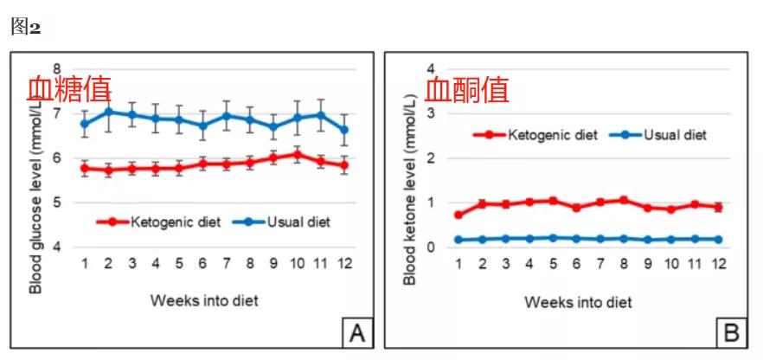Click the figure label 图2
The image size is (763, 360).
coord(26,27)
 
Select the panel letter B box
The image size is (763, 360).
coord(731,331)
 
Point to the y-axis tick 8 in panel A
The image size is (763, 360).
coord(58,69)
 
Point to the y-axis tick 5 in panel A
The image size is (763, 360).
coord(58,202)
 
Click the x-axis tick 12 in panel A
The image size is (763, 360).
coord(345,262)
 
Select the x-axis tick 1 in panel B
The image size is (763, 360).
coord(458,262)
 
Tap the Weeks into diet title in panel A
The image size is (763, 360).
coord(203,301)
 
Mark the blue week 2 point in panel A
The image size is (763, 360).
coord(108,111)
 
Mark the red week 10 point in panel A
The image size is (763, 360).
coord(297,154)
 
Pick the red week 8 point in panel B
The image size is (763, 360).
coord(623,200)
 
